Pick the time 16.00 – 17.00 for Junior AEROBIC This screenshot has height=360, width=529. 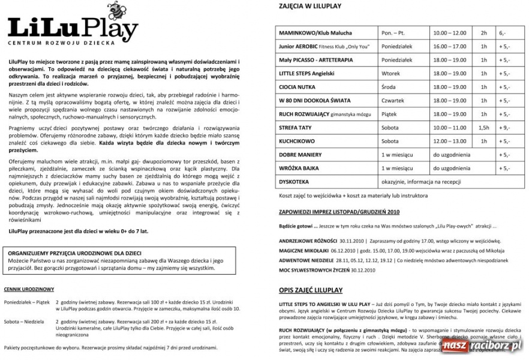click(450, 46)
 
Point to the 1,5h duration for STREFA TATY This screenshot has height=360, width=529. click(484, 127)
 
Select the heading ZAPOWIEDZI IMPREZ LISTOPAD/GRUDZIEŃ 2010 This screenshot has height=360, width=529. click(339, 212)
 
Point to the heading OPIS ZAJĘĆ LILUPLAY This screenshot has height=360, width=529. click(311, 290)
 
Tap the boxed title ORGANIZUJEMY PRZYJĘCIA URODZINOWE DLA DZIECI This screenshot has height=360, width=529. click(75, 254)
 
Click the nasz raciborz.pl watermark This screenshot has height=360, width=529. click(482, 346)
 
